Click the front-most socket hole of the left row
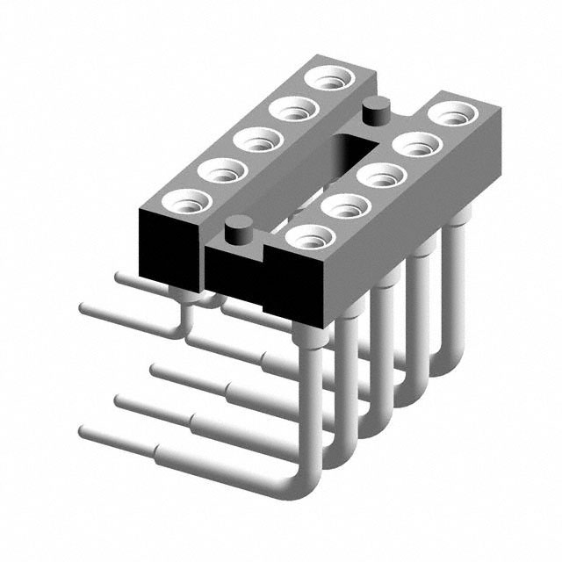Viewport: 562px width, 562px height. click(187, 201)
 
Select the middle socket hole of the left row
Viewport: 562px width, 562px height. click(258, 140)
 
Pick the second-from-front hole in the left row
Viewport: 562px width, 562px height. click(222, 169)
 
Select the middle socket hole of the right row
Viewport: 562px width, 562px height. click(381, 174)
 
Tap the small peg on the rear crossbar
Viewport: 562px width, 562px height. click(375, 112)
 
